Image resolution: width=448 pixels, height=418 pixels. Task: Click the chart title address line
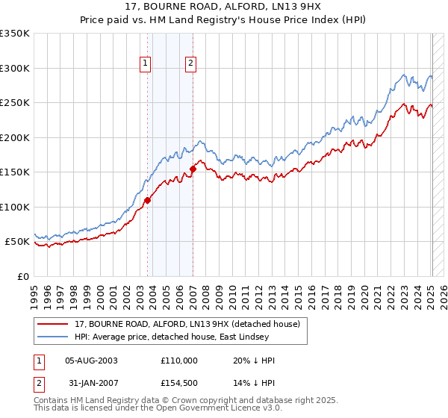click(224, 7)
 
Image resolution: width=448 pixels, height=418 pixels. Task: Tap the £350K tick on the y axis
click(15, 34)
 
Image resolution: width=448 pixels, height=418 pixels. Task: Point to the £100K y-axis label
click(15, 207)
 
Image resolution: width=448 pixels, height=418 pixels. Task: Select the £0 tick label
click(23, 276)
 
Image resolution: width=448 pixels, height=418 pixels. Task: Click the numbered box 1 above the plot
click(145, 63)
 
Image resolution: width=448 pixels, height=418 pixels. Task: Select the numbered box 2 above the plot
click(191, 63)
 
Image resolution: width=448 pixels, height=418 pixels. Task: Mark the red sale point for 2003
click(147, 200)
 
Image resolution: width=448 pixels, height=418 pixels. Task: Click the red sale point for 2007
click(193, 169)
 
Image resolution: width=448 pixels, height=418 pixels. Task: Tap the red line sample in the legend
click(52, 324)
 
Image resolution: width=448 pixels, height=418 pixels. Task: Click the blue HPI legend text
click(179, 337)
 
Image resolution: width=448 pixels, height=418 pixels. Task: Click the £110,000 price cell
click(179, 361)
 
